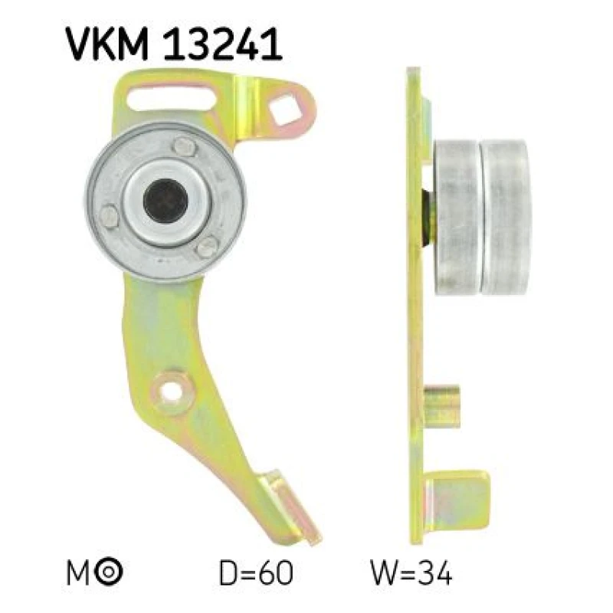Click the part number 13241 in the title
pyautogui.click(x=222, y=44)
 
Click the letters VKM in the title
pyautogui.click(x=107, y=44)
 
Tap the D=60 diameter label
pyautogui.click(x=256, y=572)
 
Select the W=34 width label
pyautogui.click(x=411, y=572)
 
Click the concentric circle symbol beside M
pyautogui.click(x=109, y=571)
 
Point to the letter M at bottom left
pyautogui.click(x=79, y=573)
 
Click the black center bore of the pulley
pyautogui.click(x=166, y=201)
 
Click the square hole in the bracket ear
pyautogui.click(x=285, y=109)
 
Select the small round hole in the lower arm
pyautogui.click(x=172, y=391)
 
